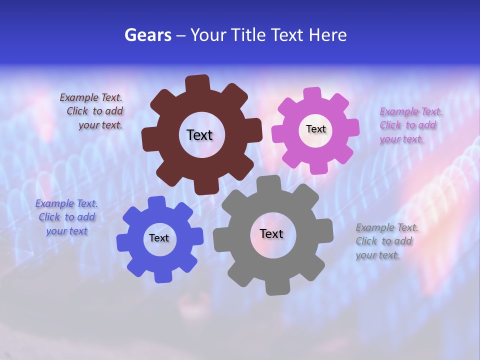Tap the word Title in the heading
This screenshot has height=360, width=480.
pos(249,35)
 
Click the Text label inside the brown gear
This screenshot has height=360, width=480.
pos(199,135)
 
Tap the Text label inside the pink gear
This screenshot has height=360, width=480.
pos(315,129)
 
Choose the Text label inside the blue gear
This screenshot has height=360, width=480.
pos(159,238)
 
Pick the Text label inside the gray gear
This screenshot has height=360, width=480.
pos(271,233)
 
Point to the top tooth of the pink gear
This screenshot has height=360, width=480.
pos(312,94)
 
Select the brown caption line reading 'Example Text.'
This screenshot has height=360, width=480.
pos(91,97)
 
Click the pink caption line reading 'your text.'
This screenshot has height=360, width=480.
pos(401,139)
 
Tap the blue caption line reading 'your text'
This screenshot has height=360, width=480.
pos(66,231)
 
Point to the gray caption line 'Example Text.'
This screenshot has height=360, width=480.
pos(387,227)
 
